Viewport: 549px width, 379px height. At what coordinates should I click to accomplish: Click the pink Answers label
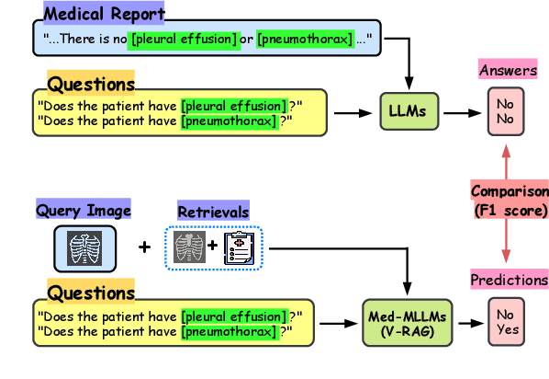coord(509,70)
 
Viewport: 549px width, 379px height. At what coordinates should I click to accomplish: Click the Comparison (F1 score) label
coord(509,200)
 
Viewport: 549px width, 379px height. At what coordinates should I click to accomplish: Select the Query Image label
coord(84,211)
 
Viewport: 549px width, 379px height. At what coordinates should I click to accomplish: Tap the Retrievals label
coord(213,212)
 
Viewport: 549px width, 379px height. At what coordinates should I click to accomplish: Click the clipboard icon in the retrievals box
coord(241,247)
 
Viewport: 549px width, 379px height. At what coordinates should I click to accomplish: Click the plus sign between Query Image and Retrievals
coord(144,247)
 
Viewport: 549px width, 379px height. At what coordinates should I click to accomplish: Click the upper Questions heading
coord(91,85)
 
